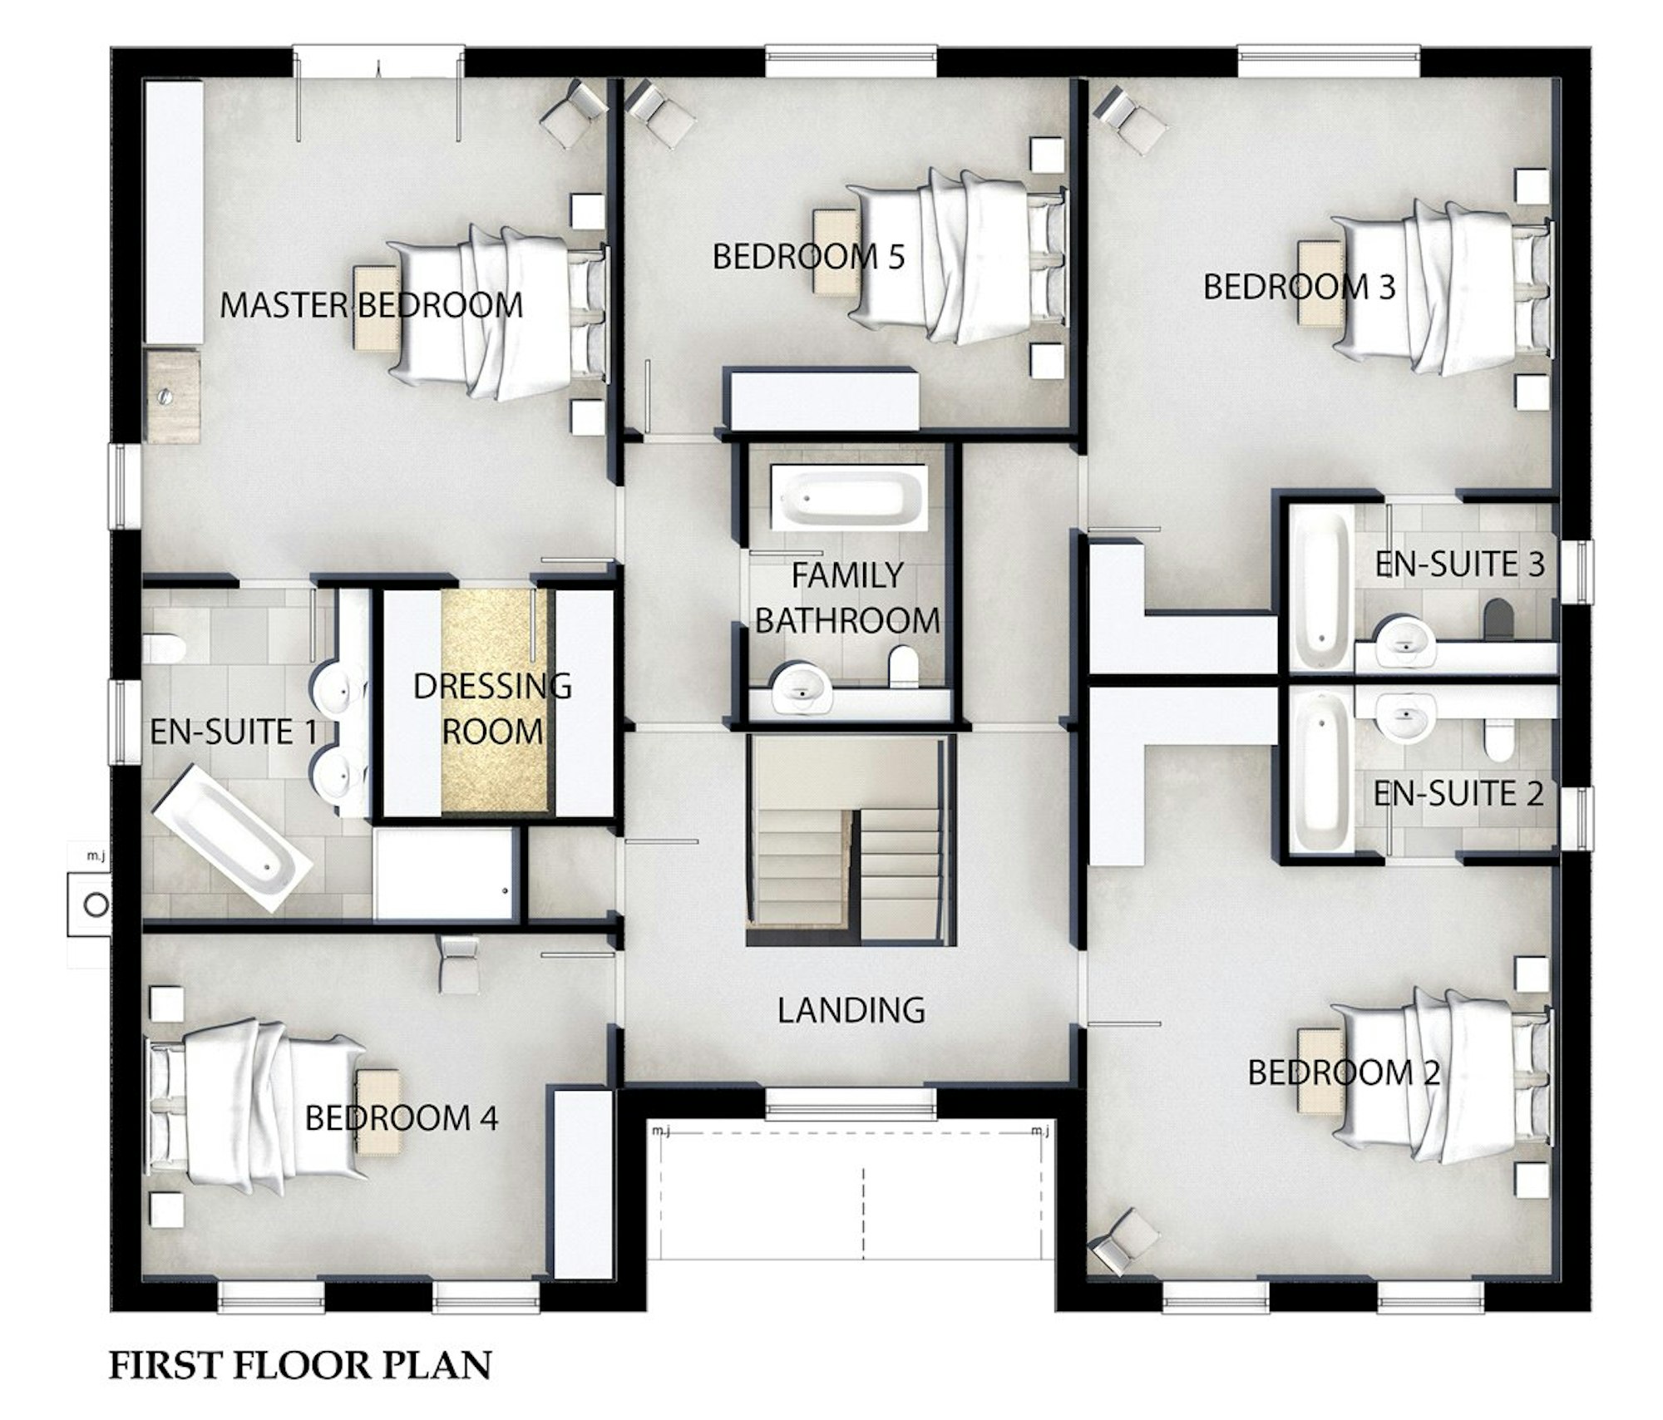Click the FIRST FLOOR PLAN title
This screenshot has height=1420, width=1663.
click(x=300, y=1365)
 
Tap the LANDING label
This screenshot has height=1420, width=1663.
click(x=851, y=1010)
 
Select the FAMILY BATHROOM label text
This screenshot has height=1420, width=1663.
click(x=846, y=598)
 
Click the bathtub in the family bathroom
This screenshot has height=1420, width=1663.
click(x=849, y=497)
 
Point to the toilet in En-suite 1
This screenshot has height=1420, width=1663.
click(x=163, y=648)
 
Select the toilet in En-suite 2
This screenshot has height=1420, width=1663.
click(x=1499, y=738)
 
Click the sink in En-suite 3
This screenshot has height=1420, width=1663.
click(x=1405, y=641)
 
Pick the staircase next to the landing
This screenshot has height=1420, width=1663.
click(x=848, y=840)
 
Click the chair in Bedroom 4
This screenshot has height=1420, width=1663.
click(x=458, y=964)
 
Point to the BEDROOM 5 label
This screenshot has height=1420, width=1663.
click(x=808, y=257)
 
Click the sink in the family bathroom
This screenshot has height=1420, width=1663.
click(x=802, y=688)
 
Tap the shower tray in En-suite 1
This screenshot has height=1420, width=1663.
click(x=445, y=874)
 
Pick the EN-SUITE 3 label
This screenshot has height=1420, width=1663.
click(x=1459, y=565)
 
